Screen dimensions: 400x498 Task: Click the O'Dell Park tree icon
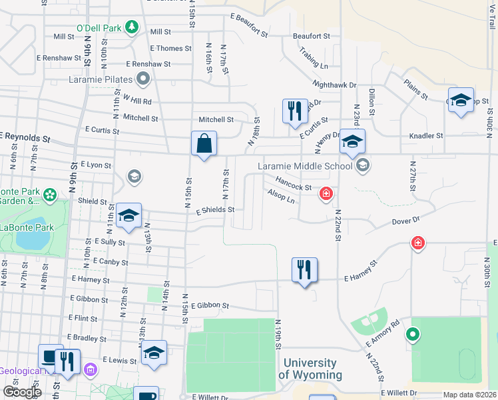(x=132, y=27)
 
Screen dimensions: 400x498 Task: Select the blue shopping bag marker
(x=204, y=144)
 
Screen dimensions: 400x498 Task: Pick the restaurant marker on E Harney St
(x=304, y=270)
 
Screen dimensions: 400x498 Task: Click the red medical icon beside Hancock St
(x=326, y=194)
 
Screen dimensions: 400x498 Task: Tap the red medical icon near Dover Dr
(x=417, y=243)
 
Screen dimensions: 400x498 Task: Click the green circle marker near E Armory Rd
(x=413, y=335)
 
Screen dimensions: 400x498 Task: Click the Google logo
(x=22, y=392)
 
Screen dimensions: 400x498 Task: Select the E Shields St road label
(x=210, y=209)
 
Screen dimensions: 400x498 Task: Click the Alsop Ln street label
(x=280, y=196)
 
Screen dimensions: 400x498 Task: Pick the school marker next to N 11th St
(x=128, y=215)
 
